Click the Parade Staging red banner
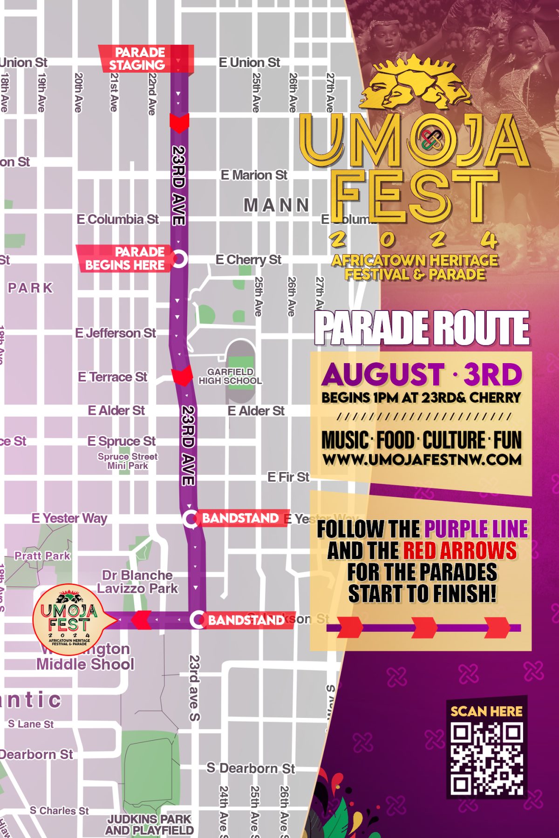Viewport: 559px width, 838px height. (145, 59)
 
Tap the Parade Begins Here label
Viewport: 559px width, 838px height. (125, 258)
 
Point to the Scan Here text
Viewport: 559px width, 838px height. (486, 711)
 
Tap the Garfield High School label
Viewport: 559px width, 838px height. (230, 376)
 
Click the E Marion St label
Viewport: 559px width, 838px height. (254, 175)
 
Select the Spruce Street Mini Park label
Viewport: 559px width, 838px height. (128, 461)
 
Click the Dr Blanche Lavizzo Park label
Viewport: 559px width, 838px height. (137, 581)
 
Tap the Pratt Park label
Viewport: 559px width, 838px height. (42, 555)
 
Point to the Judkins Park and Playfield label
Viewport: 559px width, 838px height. (149, 824)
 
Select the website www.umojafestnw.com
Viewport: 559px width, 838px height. (422, 460)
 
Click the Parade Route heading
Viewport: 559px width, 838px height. (422, 328)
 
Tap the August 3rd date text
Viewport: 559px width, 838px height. (422, 374)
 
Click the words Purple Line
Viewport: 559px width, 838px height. (476, 529)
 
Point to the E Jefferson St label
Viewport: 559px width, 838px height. (116, 333)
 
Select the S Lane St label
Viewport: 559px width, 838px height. (31, 724)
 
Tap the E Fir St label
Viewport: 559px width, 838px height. (288, 477)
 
